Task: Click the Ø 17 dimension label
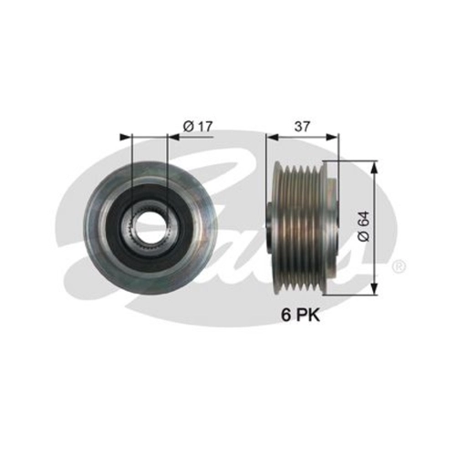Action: [198, 127]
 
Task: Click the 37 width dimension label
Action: [302, 126]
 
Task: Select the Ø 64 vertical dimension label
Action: [364, 226]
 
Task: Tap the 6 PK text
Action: [301, 316]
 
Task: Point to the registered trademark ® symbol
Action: [399, 266]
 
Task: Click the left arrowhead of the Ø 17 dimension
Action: [127, 137]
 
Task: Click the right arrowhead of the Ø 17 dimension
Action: [173, 137]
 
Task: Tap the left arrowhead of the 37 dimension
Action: [272, 137]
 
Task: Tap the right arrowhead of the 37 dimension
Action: [331, 137]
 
